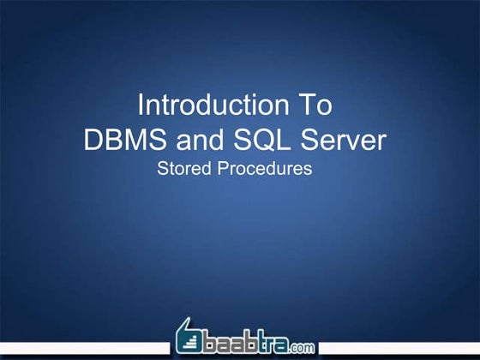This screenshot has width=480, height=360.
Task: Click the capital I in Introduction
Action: (x=141, y=105)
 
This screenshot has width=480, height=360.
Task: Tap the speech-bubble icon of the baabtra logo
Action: (x=190, y=338)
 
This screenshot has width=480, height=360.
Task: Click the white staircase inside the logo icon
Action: (x=189, y=342)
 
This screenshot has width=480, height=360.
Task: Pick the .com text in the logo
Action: (x=302, y=347)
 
